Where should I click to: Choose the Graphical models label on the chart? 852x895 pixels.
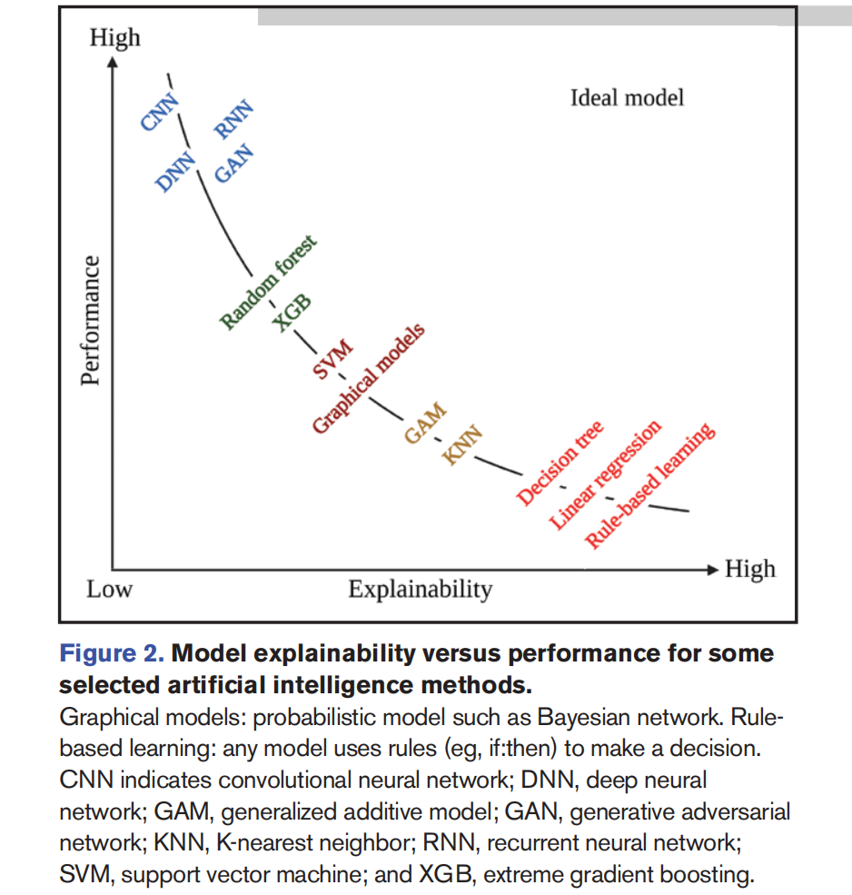pyautogui.click(x=368, y=379)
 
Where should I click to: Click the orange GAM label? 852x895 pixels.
pyautogui.click(x=425, y=423)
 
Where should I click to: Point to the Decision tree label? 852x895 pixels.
pyautogui.click(x=560, y=463)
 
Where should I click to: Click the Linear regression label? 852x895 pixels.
pyautogui.click(x=606, y=476)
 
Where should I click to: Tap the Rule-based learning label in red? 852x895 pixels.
pyautogui.click(x=649, y=489)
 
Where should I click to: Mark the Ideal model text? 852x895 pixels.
pyautogui.click(x=627, y=97)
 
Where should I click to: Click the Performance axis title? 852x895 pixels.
pyautogui.click(x=89, y=321)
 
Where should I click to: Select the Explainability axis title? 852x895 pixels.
pyautogui.click(x=420, y=590)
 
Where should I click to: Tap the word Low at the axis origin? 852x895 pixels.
pyautogui.click(x=109, y=590)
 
